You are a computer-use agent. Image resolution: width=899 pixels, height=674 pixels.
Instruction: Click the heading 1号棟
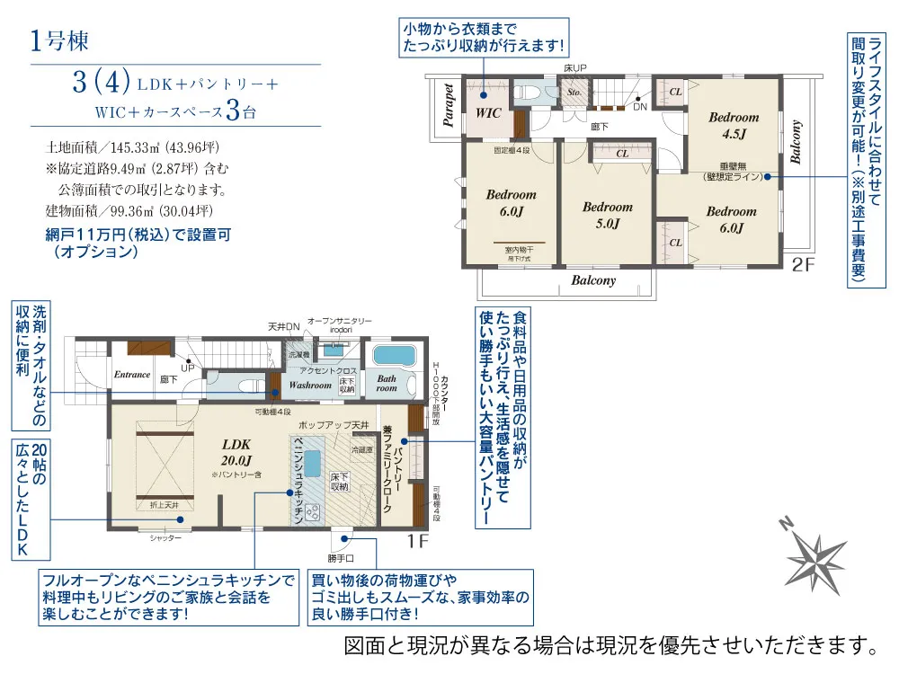58,41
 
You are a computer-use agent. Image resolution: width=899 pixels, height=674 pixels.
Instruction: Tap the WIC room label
488,113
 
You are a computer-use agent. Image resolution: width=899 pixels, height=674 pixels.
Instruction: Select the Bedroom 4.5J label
733,124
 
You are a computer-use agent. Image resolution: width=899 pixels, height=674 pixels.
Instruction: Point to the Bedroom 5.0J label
608,215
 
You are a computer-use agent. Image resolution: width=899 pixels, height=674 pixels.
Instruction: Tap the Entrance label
131,375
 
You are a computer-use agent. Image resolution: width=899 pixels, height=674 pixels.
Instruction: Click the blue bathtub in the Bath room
392,353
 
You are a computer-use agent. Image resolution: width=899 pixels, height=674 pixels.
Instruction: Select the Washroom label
310,385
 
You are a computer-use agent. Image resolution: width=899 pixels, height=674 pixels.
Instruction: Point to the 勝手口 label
343,558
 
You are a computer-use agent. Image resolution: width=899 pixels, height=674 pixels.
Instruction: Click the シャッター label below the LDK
165,537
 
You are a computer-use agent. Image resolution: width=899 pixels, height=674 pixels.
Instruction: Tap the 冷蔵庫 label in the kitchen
361,449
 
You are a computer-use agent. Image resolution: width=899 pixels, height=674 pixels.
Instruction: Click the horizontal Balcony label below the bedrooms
593,280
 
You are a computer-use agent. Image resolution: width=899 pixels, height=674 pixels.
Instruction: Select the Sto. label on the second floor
573,91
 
